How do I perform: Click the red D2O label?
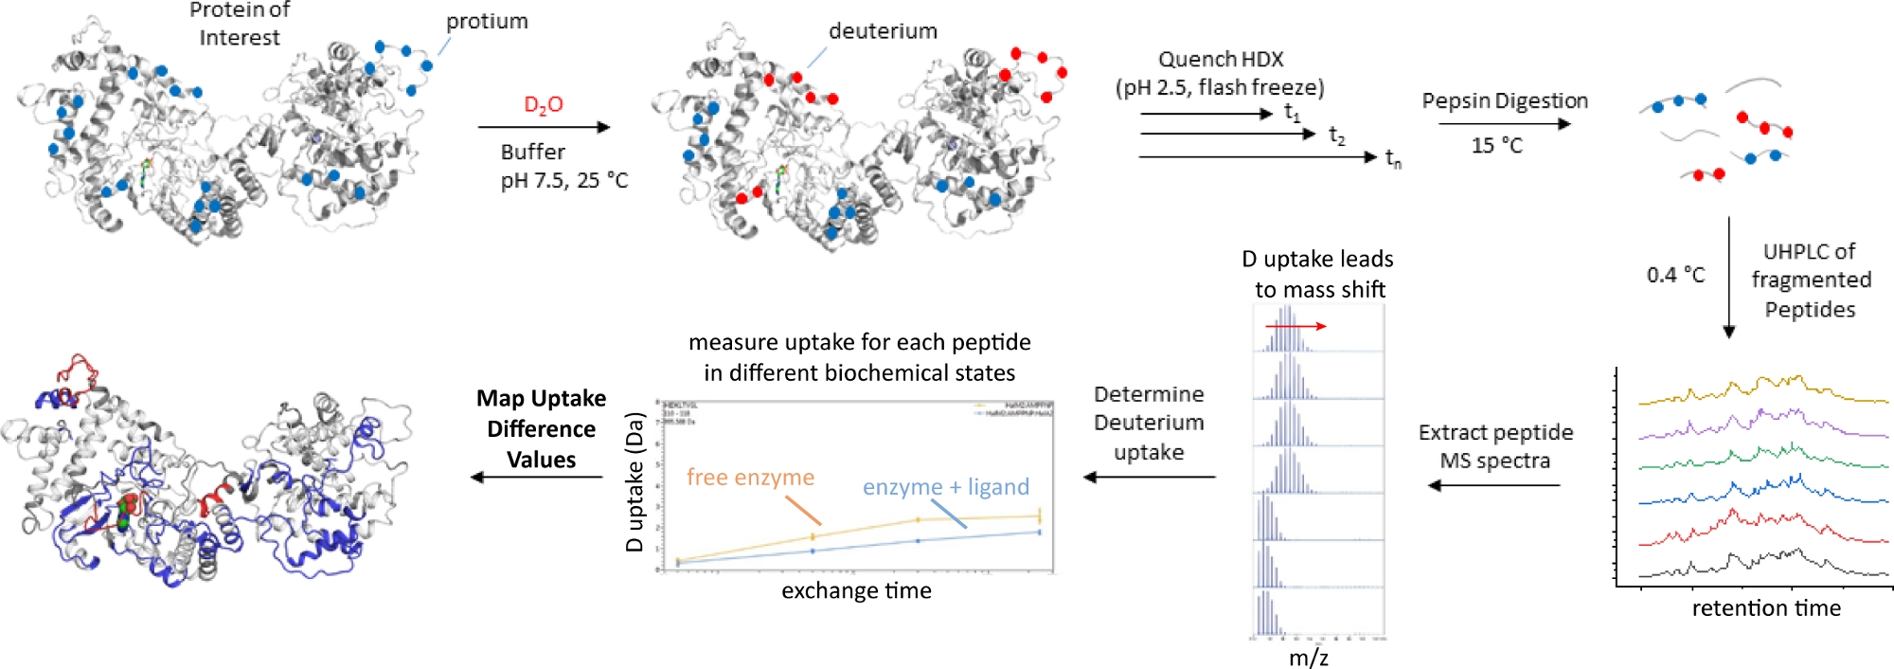[544, 105]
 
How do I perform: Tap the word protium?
[487, 22]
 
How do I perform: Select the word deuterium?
[883, 31]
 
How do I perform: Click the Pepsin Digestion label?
[1504, 101]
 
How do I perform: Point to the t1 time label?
[1292, 113]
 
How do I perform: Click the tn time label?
[1393, 158]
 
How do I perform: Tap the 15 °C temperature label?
[1497, 146]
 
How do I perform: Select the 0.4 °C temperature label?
[1675, 276]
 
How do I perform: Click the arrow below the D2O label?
[544, 127]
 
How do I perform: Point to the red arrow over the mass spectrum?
[1296, 326]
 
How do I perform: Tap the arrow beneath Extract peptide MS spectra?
[1493, 485]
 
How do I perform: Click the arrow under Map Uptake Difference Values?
[537, 477]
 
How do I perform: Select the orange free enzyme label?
[750, 478]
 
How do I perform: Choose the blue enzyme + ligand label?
[945, 487]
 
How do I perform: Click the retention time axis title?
[1766, 608]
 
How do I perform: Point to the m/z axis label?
[1308, 658]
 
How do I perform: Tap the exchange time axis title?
[856, 591]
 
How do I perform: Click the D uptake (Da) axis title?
[634, 481]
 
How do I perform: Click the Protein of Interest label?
[240, 25]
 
